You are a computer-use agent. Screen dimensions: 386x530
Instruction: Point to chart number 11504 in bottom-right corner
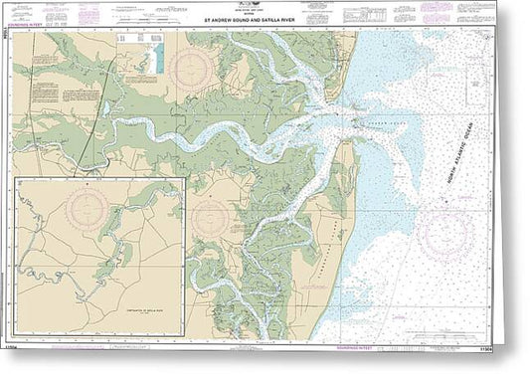click(x=511, y=372)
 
